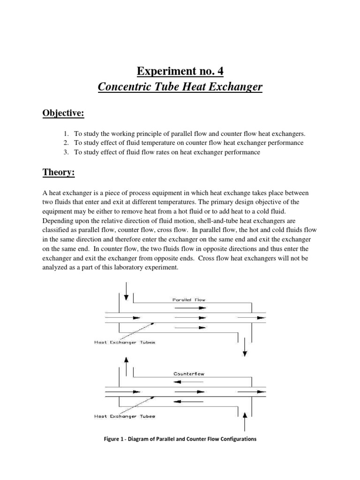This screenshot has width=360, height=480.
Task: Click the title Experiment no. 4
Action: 180,71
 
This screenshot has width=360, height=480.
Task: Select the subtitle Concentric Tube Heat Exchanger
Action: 180,87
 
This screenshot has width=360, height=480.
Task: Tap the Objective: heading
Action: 64,115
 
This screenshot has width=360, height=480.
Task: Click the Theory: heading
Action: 58,173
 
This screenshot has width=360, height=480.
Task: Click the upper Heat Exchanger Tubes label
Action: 125,342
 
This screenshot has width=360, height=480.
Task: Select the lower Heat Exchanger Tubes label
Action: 125,416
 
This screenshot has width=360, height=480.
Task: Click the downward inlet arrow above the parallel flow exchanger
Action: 126,291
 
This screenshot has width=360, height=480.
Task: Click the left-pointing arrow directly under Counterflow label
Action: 187,382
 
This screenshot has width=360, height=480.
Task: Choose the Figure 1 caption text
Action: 180,440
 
